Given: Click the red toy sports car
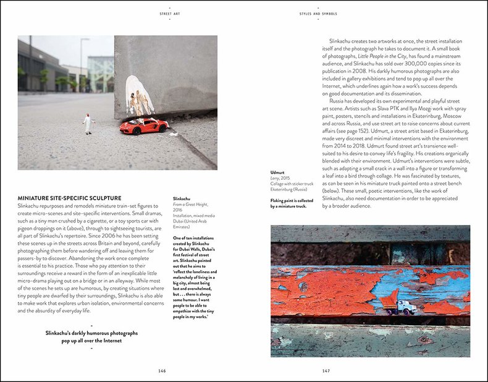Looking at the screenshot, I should click(144, 126).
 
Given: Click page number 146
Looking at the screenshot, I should click(162, 371).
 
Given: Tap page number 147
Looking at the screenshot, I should click(326, 371).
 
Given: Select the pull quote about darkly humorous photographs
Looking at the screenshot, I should click(91, 337).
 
